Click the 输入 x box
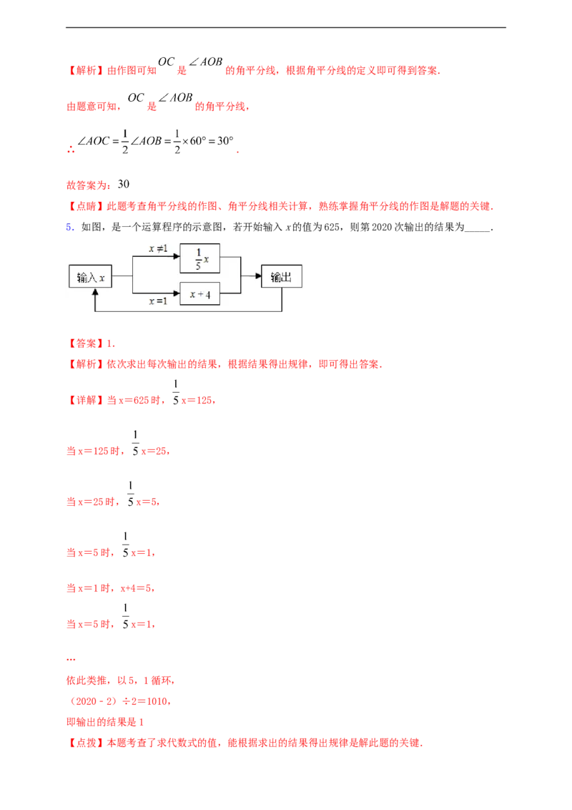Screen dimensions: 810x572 pyautogui.click(x=91, y=277)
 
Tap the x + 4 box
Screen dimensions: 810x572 pyautogui.click(x=199, y=294)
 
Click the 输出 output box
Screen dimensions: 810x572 pyautogui.click(x=281, y=277)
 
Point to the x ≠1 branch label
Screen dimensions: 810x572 pyautogui.click(x=158, y=248)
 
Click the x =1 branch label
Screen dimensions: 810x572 pyautogui.click(x=158, y=301)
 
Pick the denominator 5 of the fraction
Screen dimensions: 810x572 pyautogui.click(x=197, y=266)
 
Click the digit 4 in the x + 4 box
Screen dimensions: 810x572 pyautogui.click(x=208, y=294)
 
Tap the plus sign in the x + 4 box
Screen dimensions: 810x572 pyautogui.click(x=199, y=294)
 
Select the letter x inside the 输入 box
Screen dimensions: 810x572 pyautogui.click(x=102, y=278)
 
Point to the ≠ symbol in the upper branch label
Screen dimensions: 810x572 pyautogui.click(x=159, y=248)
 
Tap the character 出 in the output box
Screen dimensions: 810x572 pyautogui.click(x=287, y=277)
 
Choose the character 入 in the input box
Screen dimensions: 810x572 pyautogui.click(x=92, y=278)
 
